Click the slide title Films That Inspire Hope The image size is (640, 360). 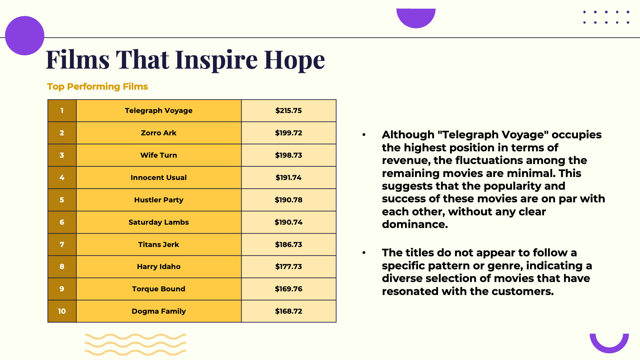(185, 60)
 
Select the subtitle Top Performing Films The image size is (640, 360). (97, 87)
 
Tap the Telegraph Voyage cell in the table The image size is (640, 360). (159, 111)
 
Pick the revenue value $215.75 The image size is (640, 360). (289, 111)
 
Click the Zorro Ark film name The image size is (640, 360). (159, 133)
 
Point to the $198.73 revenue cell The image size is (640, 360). (289, 155)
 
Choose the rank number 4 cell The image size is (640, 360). (62, 178)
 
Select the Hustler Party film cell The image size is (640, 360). (159, 200)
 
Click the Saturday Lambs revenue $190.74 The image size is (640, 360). (289, 222)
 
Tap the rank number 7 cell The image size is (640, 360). (62, 245)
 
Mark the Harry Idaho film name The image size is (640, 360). (159, 267)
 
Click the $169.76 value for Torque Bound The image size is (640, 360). (289, 289)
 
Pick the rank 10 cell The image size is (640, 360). (62, 311)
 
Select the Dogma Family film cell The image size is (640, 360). (159, 311)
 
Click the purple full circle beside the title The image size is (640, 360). (25, 36)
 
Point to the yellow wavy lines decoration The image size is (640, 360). (135, 345)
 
